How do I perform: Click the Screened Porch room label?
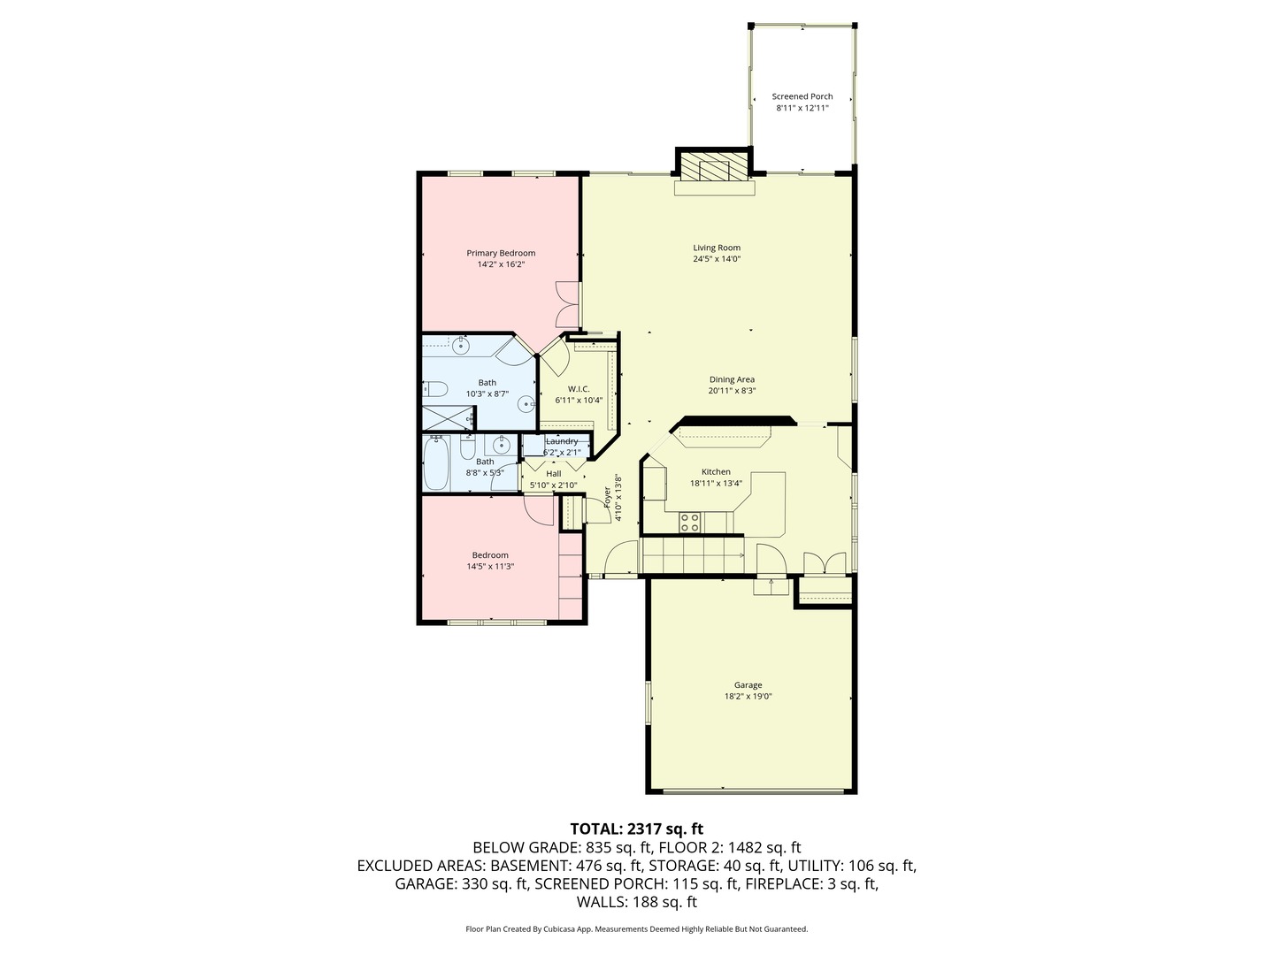802,96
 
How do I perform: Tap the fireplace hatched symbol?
712,168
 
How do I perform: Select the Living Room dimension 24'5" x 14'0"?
716,259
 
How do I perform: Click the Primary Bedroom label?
501,253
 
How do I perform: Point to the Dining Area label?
732,379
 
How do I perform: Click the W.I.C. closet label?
579,389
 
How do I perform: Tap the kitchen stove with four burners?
689,523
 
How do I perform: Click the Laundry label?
562,441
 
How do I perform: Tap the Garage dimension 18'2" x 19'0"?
748,696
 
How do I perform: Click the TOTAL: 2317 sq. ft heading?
636,829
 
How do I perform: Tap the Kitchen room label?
716,472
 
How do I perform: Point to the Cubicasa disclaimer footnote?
636,929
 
